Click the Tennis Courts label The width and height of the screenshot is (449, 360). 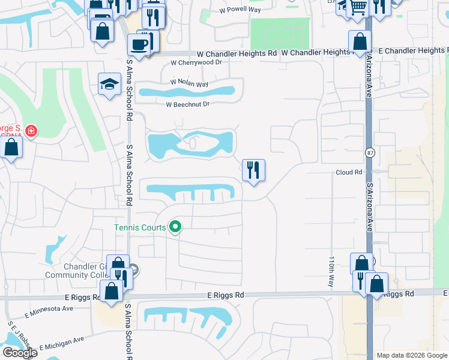140,227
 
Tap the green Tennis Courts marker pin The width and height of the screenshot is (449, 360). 175,227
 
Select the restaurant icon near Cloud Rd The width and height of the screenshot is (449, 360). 253,170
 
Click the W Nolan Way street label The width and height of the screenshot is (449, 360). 189,83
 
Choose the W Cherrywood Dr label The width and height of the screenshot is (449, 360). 196,62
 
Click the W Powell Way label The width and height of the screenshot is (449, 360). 240,10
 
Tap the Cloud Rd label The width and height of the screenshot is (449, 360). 349,172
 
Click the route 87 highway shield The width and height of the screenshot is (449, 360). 369,153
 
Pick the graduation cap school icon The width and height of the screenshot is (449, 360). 110,84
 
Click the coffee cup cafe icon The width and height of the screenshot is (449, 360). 139,45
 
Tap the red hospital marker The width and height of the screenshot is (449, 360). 30,130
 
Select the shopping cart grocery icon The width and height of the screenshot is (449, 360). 358,8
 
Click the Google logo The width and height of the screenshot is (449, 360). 19,353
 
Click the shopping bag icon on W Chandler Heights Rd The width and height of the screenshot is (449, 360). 360,42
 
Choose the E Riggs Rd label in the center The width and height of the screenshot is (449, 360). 226,295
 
